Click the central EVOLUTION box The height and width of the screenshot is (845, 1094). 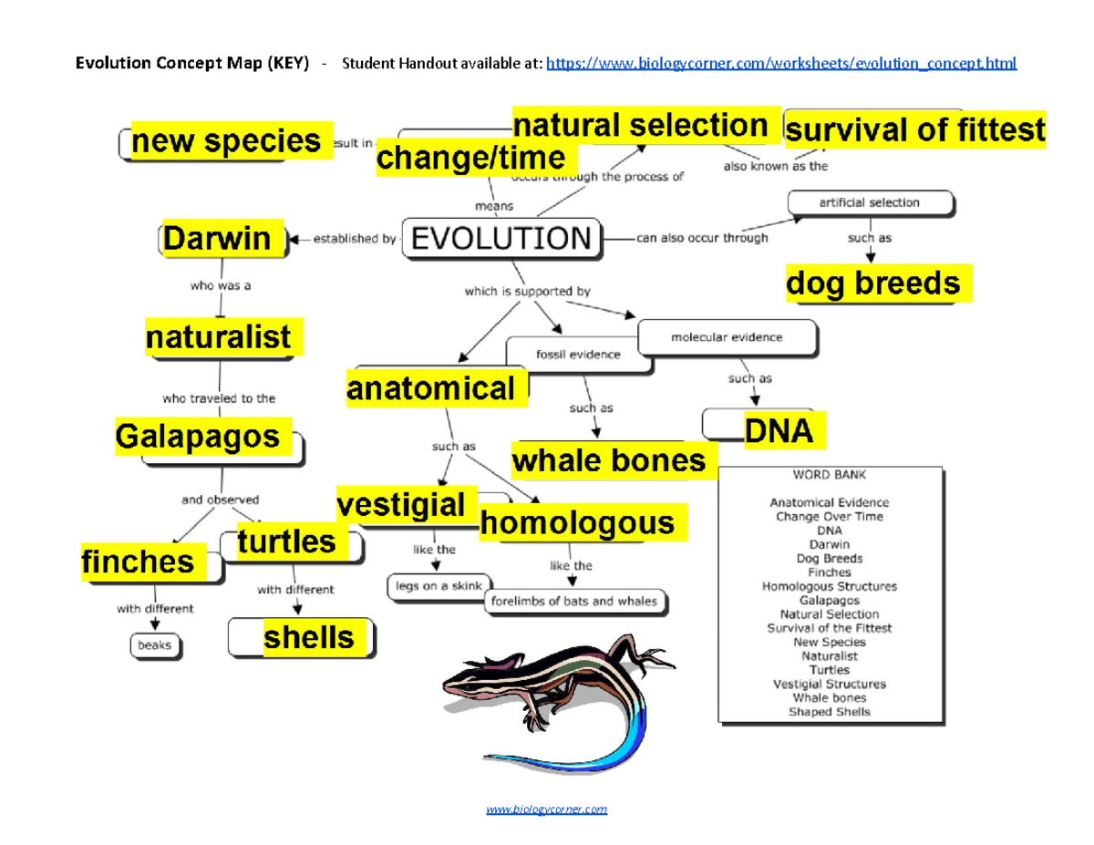tap(501, 240)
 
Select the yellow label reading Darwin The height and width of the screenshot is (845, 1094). tap(217, 239)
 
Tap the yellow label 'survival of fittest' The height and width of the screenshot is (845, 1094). tap(914, 130)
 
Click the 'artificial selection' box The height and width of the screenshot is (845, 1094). tap(871, 202)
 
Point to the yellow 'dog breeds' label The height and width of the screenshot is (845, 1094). tap(873, 284)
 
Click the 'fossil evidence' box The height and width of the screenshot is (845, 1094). tap(578, 355)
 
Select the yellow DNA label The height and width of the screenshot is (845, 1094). tap(778, 430)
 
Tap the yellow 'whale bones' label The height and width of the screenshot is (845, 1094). tap(609, 460)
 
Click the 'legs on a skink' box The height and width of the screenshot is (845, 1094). tap(439, 586)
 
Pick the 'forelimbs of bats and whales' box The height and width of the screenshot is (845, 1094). tap(575, 602)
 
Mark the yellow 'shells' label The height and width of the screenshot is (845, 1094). tap(308, 637)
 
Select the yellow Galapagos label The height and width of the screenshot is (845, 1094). tap(198, 437)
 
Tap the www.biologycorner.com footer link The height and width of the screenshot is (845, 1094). tap(546, 809)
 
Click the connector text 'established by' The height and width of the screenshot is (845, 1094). tap(355, 240)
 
